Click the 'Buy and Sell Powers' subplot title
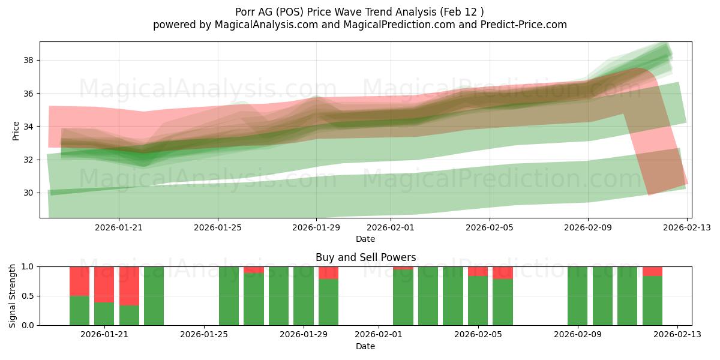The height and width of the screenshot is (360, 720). tap(365, 257)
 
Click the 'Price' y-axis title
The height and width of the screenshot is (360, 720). tap(16, 130)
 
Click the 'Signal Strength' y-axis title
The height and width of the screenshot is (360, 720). tap(13, 296)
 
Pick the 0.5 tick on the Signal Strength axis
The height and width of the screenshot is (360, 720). tap(28, 296)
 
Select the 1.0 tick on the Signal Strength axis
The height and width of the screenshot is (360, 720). tap(28, 266)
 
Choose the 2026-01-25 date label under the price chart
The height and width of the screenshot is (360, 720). tap(218, 227)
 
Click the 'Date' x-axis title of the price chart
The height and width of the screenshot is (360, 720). tap(365, 239)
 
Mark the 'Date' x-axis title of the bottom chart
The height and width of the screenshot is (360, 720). tap(365, 346)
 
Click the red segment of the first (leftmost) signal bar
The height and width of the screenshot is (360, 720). tap(79, 281)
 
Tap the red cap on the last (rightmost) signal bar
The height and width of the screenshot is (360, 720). tap(652, 271)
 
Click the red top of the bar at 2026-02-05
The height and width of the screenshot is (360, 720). tap(478, 271)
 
